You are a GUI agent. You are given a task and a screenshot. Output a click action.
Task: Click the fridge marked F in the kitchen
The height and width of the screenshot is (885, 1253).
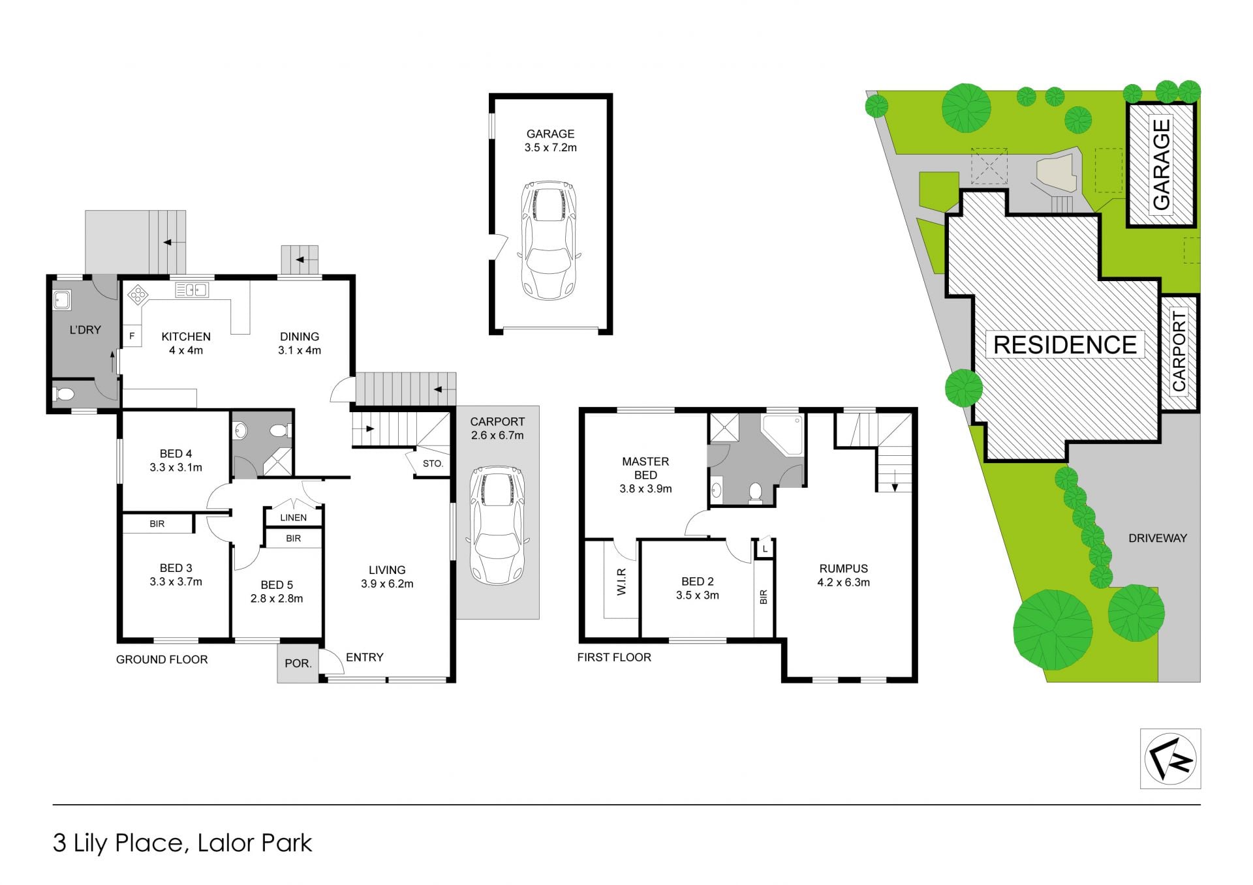pyautogui.click(x=132, y=336)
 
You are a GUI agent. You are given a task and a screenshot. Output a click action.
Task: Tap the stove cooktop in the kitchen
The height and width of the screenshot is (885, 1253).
pyautogui.click(x=138, y=295)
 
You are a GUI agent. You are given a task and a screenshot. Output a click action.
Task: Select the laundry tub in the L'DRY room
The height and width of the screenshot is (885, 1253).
pyautogui.click(x=63, y=300)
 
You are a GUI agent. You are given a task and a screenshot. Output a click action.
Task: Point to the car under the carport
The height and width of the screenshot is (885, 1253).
pyautogui.click(x=497, y=526)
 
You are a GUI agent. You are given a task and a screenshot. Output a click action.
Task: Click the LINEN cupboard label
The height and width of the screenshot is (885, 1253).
pyautogui.click(x=293, y=517)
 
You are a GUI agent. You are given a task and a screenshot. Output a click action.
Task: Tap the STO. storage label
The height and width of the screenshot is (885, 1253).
pyautogui.click(x=433, y=464)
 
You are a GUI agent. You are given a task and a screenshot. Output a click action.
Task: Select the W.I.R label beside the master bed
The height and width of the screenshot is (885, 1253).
pyautogui.click(x=621, y=581)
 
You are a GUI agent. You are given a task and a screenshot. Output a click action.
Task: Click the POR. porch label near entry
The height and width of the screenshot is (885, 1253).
pyautogui.click(x=298, y=663)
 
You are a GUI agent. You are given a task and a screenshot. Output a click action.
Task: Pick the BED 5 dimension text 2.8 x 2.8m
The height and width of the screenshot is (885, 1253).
pyautogui.click(x=277, y=599)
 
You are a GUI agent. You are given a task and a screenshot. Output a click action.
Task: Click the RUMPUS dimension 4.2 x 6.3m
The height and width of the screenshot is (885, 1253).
pyautogui.click(x=843, y=582)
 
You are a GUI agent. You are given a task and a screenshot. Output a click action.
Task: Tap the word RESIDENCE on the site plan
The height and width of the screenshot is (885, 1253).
pyautogui.click(x=1065, y=344)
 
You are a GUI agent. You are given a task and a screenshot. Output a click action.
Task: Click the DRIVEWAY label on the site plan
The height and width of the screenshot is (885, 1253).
pyautogui.click(x=1157, y=538)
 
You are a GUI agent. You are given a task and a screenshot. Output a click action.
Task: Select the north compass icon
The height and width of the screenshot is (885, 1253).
pyautogui.click(x=1170, y=759)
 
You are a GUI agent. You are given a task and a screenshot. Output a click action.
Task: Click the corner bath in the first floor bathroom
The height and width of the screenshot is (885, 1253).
pyautogui.click(x=783, y=433)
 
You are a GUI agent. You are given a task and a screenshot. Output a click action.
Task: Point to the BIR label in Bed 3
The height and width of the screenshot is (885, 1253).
pyautogui.click(x=157, y=524)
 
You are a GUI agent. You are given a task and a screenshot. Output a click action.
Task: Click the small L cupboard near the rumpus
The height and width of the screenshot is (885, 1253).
pyautogui.click(x=765, y=548)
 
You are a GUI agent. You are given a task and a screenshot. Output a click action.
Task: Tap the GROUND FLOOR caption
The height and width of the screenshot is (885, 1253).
pyautogui.click(x=162, y=659)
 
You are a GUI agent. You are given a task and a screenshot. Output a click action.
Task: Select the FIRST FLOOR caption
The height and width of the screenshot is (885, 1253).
pyautogui.click(x=614, y=657)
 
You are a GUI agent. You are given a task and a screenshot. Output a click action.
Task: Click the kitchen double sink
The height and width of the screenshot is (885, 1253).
pyautogui.click(x=191, y=290)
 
